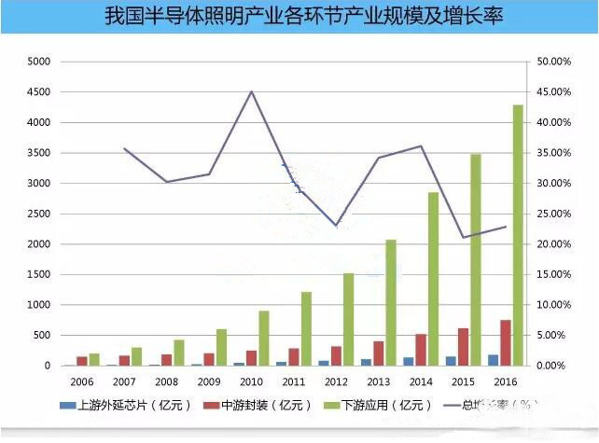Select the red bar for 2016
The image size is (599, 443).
(505, 343)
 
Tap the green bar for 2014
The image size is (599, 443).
(433, 279)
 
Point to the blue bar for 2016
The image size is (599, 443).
(493, 360)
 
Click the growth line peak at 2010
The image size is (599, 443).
(251, 91)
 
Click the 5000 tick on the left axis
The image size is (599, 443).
(39, 62)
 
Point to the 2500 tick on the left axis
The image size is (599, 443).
(39, 214)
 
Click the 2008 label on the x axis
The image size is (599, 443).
(165, 381)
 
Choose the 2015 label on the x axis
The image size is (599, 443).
(462, 381)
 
